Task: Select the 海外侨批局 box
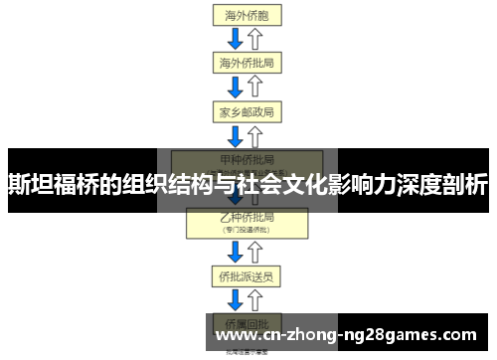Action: click(x=246, y=63)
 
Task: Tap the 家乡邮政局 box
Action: click(x=246, y=110)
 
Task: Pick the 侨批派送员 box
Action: click(x=246, y=273)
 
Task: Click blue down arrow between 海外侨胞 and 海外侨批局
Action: click(x=236, y=39)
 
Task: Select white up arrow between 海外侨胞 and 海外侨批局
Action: click(x=255, y=39)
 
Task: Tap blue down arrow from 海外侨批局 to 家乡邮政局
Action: click(x=236, y=87)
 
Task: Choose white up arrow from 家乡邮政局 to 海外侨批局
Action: click(x=255, y=87)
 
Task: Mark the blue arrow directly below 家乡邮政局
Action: click(x=236, y=135)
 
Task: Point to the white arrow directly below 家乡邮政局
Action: click(x=255, y=135)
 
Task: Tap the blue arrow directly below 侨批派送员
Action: click(x=236, y=298)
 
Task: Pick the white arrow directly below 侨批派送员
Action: click(x=255, y=298)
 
